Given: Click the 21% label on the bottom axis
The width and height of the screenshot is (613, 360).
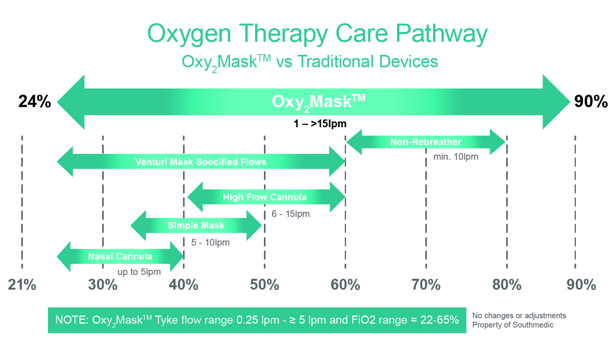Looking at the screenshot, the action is (x=22, y=285).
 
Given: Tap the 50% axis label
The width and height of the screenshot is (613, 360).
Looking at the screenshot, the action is (x=264, y=285).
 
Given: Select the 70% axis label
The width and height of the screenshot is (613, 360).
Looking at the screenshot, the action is (x=426, y=285).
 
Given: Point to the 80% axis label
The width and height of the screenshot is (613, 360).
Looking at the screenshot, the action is (x=507, y=285).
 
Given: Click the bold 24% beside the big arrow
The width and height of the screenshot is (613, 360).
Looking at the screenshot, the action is (x=34, y=101).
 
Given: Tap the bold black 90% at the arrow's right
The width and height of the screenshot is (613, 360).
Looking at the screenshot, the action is (x=591, y=101).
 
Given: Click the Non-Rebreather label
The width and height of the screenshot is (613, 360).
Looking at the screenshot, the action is (x=426, y=142).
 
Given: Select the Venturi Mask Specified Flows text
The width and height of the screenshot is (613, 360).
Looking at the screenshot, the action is (x=201, y=162).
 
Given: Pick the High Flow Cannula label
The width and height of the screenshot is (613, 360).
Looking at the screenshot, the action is (x=265, y=197).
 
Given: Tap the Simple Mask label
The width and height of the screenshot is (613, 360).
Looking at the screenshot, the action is (x=196, y=225).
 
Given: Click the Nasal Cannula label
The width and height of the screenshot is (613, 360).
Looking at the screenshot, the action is (x=120, y=256).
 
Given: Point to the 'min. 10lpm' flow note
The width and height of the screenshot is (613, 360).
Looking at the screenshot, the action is (x=455, y=157).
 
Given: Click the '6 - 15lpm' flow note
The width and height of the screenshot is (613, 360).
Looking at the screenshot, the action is (x=291, y=214).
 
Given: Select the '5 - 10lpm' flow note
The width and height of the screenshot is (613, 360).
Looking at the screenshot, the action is (x=210, y=242).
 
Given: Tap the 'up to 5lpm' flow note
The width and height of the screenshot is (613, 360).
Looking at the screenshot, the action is (x=139, y=272).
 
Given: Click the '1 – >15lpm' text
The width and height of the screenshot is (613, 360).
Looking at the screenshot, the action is (x=320, y=124).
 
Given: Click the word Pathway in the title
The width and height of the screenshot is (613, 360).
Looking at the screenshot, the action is (x=442, y=34).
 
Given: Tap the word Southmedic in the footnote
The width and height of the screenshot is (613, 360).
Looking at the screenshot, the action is (x=533, y=325).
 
